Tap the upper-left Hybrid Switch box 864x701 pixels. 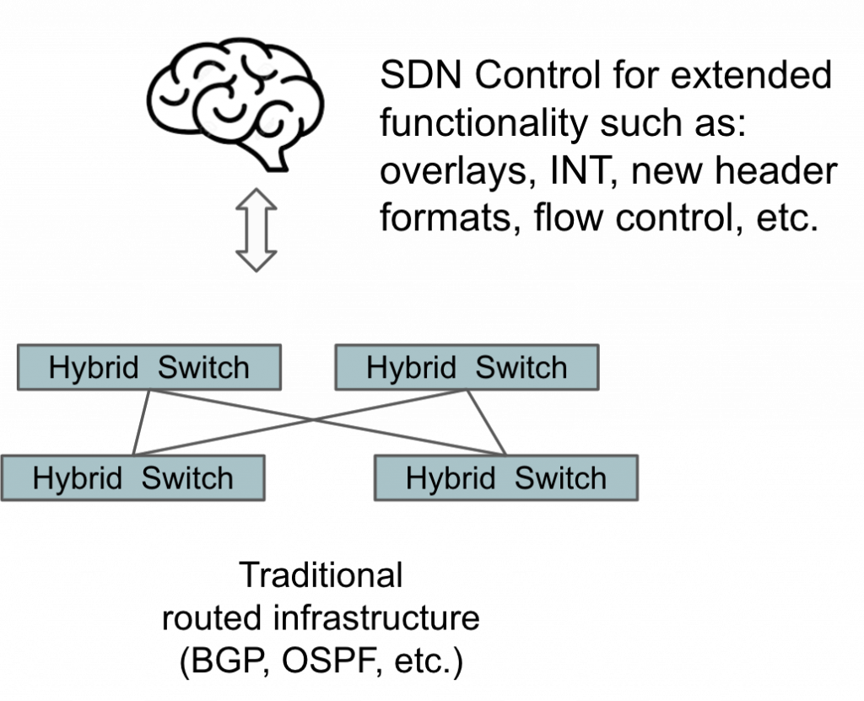click(148, 368)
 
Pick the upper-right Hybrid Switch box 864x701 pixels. click(467, 368)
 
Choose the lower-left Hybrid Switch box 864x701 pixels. click(133, 478)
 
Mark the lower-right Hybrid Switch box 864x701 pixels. click(505, 478)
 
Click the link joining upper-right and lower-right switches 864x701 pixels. click(486, 423)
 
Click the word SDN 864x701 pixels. click(419, 78)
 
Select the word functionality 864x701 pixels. click(482, 125)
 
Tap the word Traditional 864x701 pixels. click(321, 576)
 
